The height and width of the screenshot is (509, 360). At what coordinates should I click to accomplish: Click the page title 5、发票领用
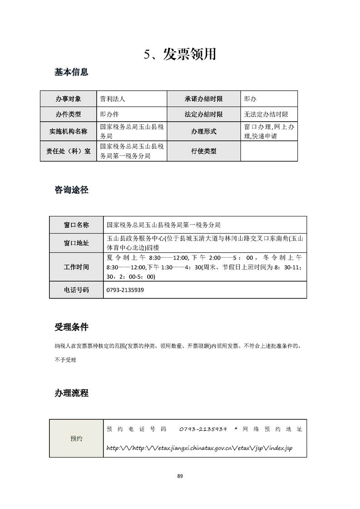point(180,54)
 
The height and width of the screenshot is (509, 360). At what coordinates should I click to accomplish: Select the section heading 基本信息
point(71,72)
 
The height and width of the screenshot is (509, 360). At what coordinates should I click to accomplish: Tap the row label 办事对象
point(68,98)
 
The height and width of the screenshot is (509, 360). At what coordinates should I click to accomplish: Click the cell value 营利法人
point(115,98)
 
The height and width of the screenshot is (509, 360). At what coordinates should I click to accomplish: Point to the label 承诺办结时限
point(203,98)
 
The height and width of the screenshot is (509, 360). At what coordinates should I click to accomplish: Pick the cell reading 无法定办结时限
point(266,115)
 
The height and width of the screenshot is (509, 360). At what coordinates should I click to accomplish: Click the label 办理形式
point(203,132)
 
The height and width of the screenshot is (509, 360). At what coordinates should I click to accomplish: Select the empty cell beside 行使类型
point(269,151)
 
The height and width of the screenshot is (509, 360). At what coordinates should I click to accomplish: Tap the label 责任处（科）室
point(68,151)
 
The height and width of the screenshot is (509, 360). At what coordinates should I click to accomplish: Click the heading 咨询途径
point(71,190)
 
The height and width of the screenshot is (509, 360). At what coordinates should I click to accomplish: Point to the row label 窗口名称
point(76,225)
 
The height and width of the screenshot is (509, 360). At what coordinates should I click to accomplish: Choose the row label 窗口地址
point(76,243)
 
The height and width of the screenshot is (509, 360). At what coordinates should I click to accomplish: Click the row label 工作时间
point(76,267)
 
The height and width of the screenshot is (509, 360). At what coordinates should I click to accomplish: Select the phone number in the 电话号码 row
point(125,290)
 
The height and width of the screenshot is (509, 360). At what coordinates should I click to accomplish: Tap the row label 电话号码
point(76,290)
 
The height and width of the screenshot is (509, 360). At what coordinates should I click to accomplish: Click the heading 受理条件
point(71,327)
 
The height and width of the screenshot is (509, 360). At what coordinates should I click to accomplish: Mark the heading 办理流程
point(71,393)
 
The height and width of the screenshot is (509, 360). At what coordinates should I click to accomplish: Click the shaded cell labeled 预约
point(76,439)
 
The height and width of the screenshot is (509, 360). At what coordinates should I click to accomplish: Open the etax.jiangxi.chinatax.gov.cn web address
point(199,448)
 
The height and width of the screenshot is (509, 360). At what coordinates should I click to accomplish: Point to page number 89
point(180,476)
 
